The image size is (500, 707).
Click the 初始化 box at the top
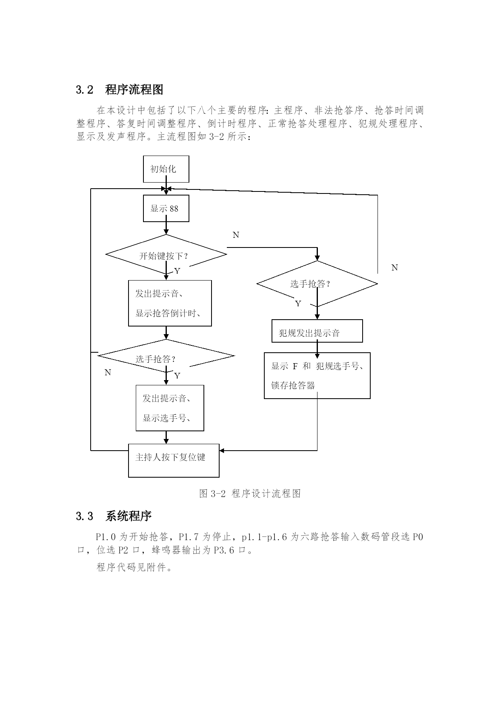coord(166,169)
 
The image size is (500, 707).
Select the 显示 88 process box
coord(166,208)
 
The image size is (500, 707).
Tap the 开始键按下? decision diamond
coord(166,254)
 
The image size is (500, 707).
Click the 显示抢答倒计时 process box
coord(170,303)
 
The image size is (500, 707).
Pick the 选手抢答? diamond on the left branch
coord(166,356)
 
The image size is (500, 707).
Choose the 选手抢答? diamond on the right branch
coord(317,284)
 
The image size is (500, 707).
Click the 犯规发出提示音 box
coord(317,331)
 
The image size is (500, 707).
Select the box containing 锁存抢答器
coord(317,376)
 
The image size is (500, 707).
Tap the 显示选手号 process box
coord(170,408)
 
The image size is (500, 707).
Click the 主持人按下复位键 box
coord(174,461)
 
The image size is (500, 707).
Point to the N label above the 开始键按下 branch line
coord(236,235)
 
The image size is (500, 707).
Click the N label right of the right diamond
coord(394,268)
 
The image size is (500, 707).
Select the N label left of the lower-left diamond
coord(108,372)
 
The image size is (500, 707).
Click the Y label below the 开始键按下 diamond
coord(177,271)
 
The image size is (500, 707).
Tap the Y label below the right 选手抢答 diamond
coord(298,304)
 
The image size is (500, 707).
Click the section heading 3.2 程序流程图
coord(120,89)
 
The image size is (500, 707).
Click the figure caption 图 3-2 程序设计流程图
coord(250,493)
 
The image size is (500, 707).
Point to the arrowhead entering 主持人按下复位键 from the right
coord(222,451)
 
